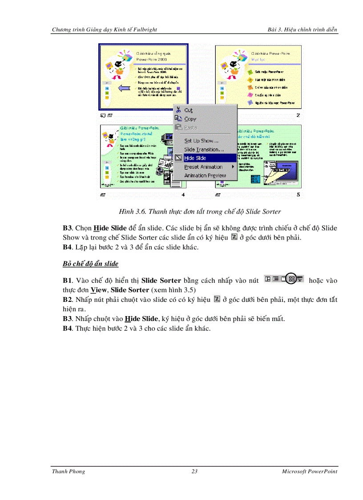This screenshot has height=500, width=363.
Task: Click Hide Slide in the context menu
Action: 195,158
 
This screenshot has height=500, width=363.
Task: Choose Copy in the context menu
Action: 190,119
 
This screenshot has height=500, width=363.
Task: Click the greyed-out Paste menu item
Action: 190,128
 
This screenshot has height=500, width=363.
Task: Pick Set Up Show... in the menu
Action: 201,141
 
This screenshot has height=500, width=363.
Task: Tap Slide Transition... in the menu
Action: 204,150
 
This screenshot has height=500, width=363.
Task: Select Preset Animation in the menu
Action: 203,167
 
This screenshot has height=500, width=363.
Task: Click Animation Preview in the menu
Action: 205,175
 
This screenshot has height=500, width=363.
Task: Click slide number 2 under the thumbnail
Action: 298,115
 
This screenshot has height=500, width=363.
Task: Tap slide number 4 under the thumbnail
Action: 183,195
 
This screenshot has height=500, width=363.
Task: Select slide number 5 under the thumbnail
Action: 298,195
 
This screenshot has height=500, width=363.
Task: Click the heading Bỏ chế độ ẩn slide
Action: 90,264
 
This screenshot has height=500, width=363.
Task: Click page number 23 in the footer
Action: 194,472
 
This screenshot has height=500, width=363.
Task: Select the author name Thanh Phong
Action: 69,472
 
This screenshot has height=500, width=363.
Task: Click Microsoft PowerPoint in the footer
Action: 309,472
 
